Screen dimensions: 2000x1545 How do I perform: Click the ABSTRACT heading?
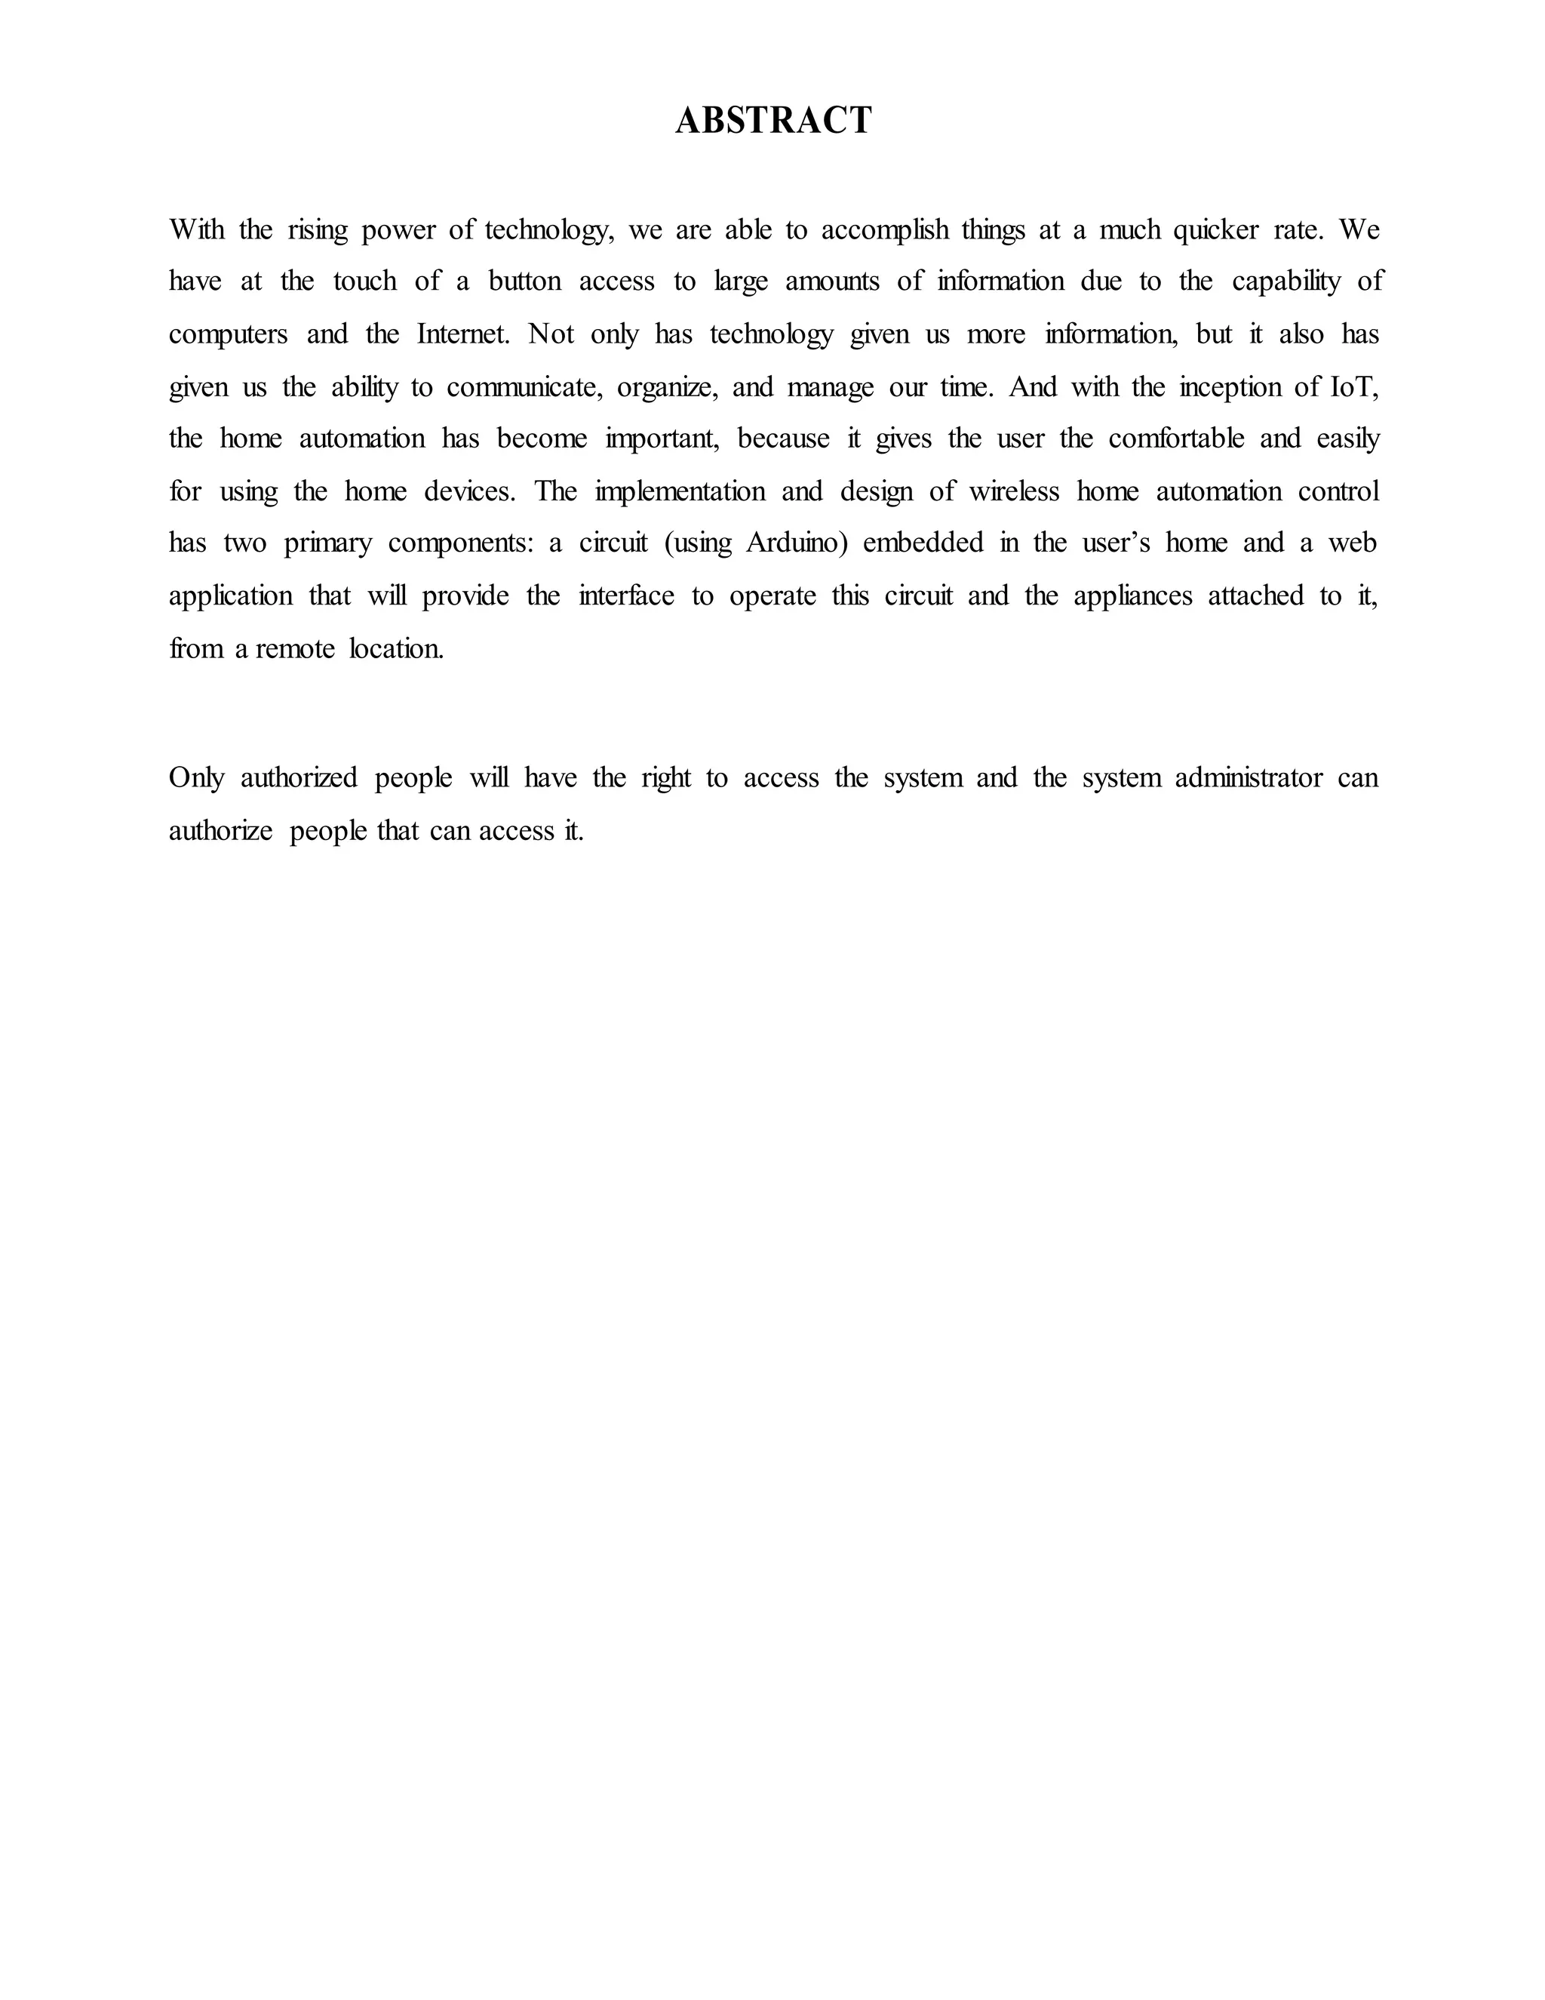(x=773, y=121)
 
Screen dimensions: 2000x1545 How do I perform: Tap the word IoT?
(x=1352, y=387)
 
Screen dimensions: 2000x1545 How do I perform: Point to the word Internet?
(x=462, y=334)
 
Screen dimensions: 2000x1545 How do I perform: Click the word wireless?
(x=1014, y=492)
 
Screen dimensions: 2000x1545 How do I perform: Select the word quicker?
(x=1215, y=230)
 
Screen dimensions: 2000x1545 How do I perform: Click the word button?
(x=524, y=282)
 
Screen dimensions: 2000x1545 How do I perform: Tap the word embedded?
(x=923, y=543)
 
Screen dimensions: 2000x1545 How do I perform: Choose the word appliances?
(x=1133, y=596)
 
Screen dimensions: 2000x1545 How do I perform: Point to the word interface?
(x=626, y=596)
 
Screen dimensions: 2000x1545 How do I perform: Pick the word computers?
(x=228, y=335)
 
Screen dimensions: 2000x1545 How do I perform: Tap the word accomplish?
(x=885, y=230)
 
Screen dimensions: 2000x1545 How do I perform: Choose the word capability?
(x=1286, y=282)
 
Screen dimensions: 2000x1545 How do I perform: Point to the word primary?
(x=327, y=544)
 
